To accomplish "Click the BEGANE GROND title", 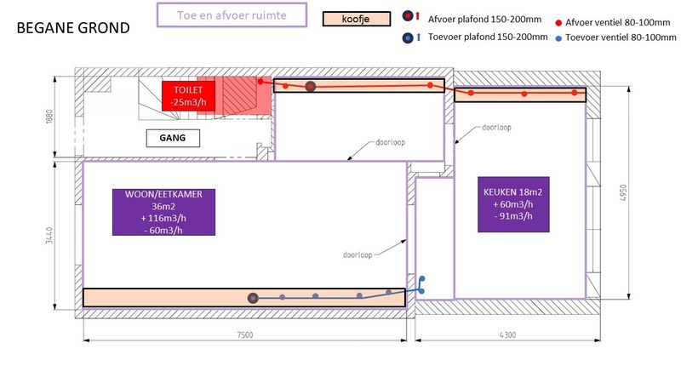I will pyautogui.click(x=73, y=28).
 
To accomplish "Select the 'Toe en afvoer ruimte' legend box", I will pyautogui.click(x=231, y=16).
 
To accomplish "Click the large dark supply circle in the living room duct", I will pyautogui.click(x=253, y=298).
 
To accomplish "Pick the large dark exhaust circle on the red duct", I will pyautogui.click(x=311, y=87).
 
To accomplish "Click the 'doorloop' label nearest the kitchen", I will pyautogui.click(x=495, y=127).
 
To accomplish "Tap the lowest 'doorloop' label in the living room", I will pyautogui.click(x=358, y=253).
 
